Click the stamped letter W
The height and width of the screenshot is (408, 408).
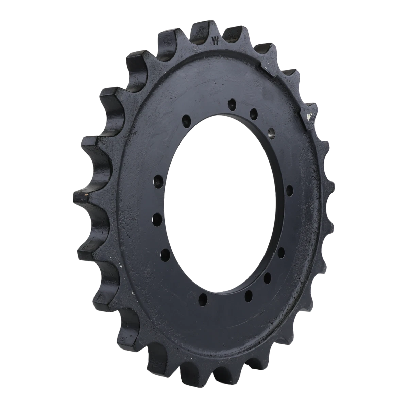[215, 41]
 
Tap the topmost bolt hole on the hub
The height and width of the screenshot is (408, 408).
[232, 104]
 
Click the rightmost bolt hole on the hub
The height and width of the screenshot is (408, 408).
[289, 190]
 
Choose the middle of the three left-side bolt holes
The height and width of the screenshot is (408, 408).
[157, 220]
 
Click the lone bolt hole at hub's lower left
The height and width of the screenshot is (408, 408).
[203, 299]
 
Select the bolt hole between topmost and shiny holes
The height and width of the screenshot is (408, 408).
[253, 113]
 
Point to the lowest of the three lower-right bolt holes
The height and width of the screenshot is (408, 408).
[249, 294]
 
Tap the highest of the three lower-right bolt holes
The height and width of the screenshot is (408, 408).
[281, 253]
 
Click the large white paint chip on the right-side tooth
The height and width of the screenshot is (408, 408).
[309, 117]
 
